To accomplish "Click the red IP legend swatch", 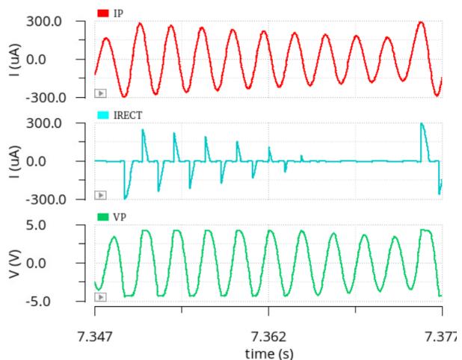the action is point(103,13).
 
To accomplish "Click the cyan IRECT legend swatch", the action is point(103,115).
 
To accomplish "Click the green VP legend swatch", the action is point(103,217).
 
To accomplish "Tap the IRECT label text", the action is point(128,115).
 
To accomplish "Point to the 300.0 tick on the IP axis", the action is point(44,22).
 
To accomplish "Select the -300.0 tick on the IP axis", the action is point(46,98).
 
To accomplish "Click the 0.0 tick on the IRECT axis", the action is point(36,161).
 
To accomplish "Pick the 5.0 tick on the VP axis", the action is point(36,225).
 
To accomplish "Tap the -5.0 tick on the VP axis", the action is point(38,302).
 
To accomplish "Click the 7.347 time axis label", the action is point(95,336).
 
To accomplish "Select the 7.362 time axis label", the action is point(268,336).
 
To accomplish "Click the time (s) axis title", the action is point(269,353).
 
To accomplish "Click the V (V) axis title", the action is point(15,264).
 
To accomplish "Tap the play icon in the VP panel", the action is point(100,297).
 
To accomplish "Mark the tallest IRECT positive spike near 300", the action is point(422,123).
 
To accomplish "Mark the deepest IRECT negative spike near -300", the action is point(125,199).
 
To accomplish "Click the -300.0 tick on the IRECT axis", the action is point(46,200).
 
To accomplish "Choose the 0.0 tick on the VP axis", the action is point(36,263).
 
